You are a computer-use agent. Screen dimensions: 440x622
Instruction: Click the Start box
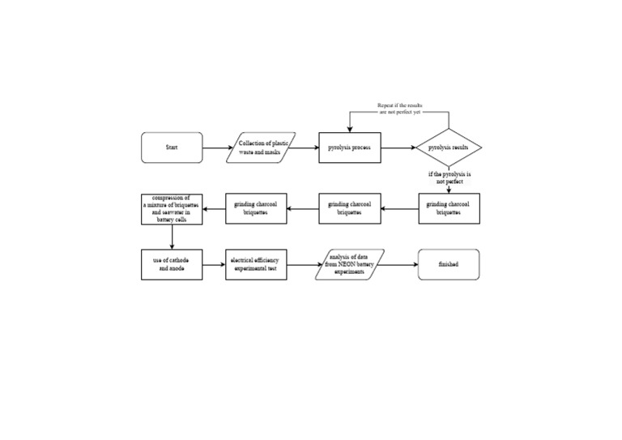point(172,148)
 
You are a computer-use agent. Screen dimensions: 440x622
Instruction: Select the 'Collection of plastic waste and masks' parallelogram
point(264,148)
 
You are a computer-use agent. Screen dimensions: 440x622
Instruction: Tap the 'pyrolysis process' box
point(349,148)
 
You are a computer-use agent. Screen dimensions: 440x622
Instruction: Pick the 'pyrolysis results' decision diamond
point(449,148)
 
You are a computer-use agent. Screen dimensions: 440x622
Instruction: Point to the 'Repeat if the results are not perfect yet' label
point(399,109)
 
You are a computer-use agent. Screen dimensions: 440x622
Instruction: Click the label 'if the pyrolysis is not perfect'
point(449,177)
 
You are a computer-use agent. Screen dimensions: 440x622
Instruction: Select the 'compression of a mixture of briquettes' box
point(172,209)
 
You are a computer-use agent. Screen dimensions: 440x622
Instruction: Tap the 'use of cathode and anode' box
point(172,264)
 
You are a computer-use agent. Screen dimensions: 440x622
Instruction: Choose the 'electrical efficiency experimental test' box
point(256,264)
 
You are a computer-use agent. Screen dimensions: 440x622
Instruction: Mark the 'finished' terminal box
point(449,264)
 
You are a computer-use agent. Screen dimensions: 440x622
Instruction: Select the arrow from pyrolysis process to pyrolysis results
point(398,148)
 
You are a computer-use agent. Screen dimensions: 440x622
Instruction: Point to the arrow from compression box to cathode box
point(172,237)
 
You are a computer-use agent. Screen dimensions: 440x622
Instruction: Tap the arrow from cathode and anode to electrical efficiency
point(214,264)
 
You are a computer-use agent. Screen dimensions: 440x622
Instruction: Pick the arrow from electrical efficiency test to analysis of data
point(302,264)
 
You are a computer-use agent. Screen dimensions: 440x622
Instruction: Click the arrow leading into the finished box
point(401,264)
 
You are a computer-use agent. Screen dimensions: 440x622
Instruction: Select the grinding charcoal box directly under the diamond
point(449,209)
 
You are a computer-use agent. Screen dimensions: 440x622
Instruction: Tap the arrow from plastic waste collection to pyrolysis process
point(307,148)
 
